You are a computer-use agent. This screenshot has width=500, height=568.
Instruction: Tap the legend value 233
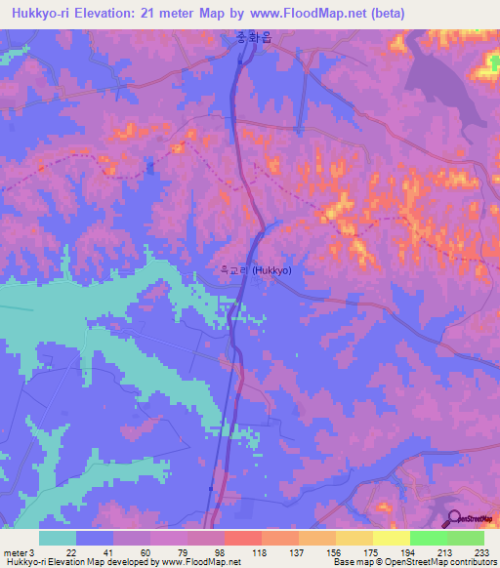(482, 553)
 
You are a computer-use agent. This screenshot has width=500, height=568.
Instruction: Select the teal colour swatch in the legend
(58, 538)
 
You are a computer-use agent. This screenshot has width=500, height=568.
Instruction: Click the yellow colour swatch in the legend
(391, 538)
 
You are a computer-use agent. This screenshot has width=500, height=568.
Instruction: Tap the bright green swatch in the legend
(428, 538)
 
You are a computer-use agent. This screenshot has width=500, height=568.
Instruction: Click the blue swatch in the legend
(95, 538)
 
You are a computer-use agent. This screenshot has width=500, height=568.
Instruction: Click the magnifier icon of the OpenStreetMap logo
(453, 518)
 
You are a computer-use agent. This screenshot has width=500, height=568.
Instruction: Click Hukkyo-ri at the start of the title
(42, 13)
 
